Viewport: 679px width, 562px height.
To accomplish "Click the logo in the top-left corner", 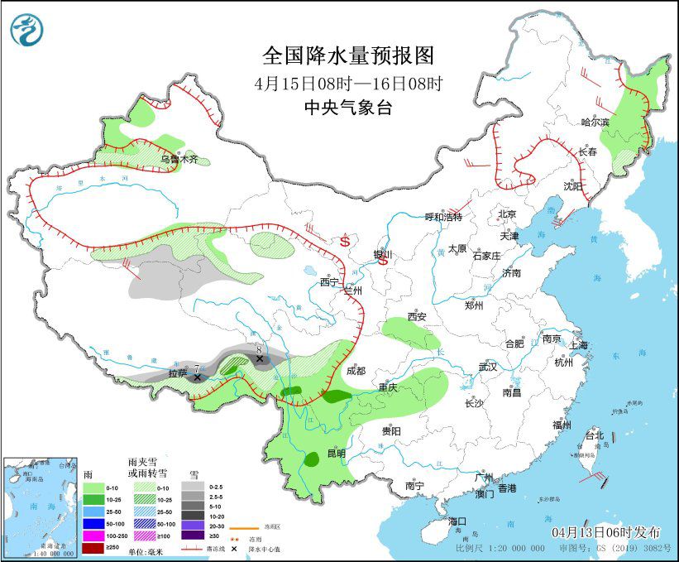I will coord(26,29).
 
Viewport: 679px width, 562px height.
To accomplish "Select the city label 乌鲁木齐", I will coord(179,159).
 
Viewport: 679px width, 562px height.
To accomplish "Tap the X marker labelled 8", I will coord(260,359).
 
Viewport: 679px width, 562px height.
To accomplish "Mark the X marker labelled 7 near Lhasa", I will coord(197,377).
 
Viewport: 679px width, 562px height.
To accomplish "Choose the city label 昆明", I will coord(336,454).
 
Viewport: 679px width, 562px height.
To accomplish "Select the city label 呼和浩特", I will coord(443,217).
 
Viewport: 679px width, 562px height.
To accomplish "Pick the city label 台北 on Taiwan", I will coord(594,435).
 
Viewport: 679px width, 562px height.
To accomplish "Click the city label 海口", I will coord(458,521).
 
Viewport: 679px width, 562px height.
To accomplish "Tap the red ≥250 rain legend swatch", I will coord(93,547).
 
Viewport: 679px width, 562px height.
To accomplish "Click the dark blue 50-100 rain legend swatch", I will coord(93,524).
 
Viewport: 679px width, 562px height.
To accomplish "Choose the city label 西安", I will coord(416,317).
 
